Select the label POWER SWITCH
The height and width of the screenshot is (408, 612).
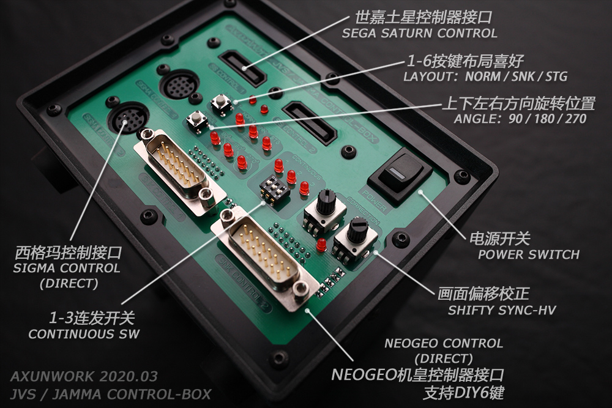pos(529,254)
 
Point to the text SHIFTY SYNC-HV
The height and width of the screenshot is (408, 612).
pos(502,310)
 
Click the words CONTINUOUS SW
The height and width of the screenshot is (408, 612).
pos(84,334)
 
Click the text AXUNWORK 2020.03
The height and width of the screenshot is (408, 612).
pos(84,376)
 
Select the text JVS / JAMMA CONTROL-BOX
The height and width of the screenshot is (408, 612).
pos(111,394)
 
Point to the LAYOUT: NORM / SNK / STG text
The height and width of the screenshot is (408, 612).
pos(485,77)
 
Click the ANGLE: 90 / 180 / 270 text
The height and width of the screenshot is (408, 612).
pos(520,119)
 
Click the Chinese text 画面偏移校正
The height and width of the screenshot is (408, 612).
pos(483,294)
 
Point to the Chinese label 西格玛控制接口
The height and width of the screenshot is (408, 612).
pos(69,252)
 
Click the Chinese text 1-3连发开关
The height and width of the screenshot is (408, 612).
pos(92,318)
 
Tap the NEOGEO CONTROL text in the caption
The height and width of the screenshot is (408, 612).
pos(444,343)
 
